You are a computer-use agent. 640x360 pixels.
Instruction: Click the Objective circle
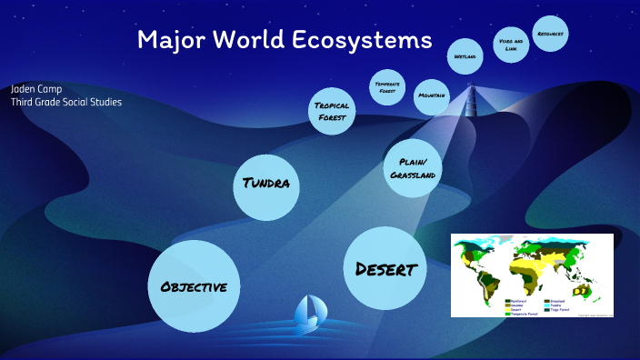pyautogui.click(x=194, y=286)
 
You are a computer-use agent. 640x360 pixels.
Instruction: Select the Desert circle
pyautogui.click(x=385, y=268)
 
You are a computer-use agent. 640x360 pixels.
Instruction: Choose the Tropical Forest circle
pyautogui.click(x=332, y=111)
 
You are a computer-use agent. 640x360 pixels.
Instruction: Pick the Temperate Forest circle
pyautogui.click(x=387, y=87)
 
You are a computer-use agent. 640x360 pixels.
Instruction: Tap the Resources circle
pyautogui.click(x=550, y=35)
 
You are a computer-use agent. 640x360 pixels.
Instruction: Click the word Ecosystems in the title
pyautogui.click(x=365, y=40)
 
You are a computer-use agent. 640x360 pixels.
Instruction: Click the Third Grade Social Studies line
pyautogui.click(x=66, y=102)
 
